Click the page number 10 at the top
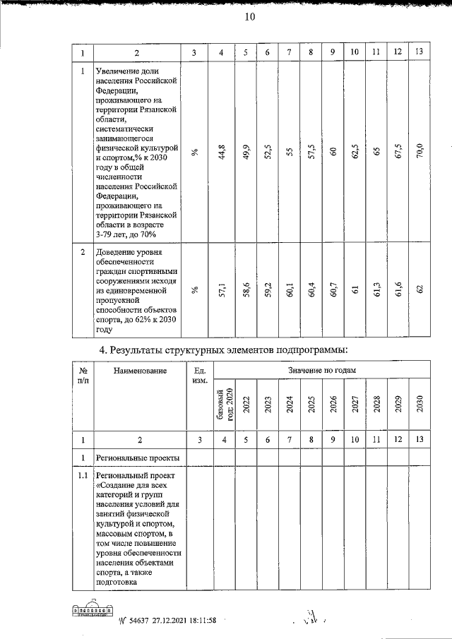click(x=250, y=18)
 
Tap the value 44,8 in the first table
click(x=222, y=152)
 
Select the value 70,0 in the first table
click(x=420, y=152)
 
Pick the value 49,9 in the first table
click(x=245, y=152)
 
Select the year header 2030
click(x=420, y=403)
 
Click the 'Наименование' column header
click(x=139, y=371)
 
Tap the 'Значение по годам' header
click(x=321, y=370)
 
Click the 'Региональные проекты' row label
click(x=138, y=458)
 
